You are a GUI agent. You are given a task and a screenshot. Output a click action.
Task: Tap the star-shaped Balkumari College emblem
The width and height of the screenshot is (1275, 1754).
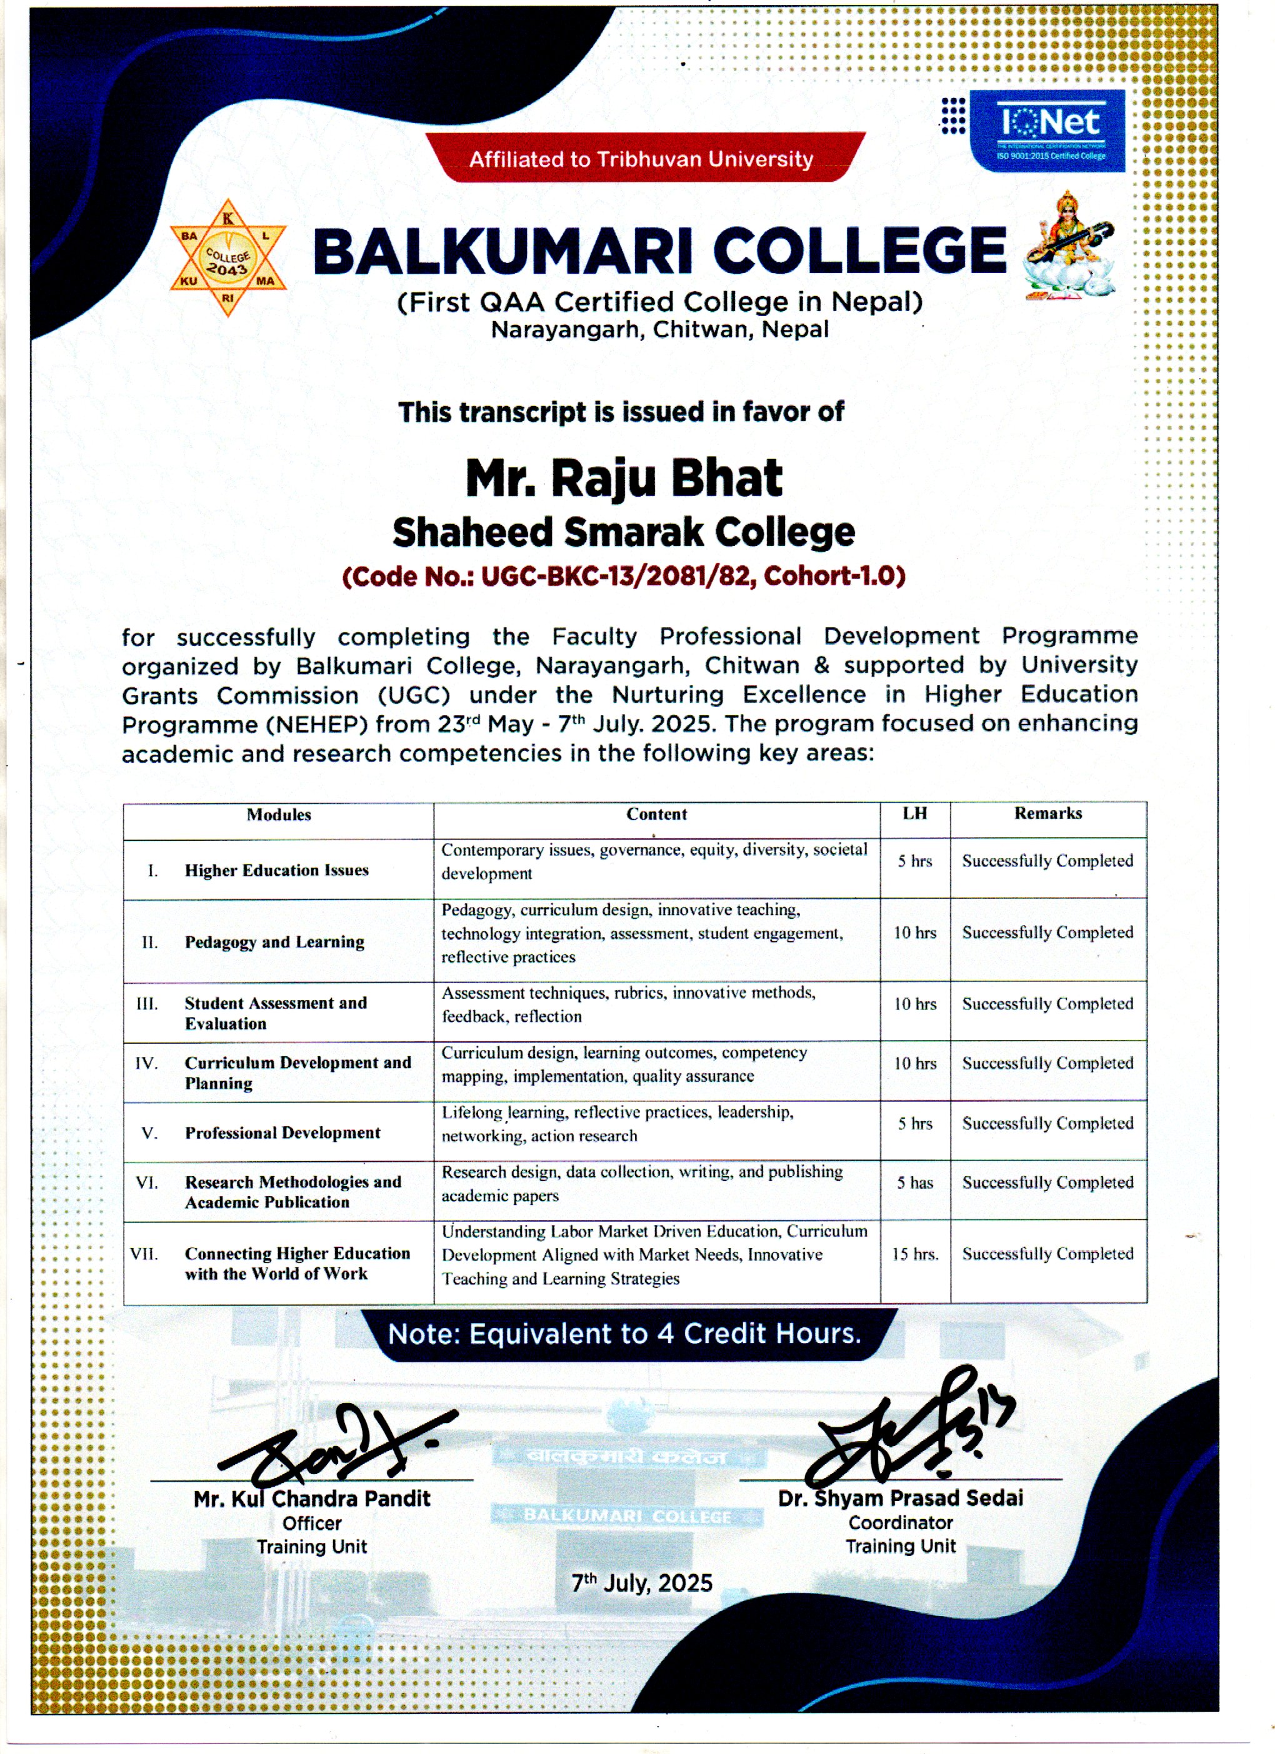tap(228, 259)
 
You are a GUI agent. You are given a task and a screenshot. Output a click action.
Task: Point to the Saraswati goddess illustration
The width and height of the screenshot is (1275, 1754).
tap(1069, 246)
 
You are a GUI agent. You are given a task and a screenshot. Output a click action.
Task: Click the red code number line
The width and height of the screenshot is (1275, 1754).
tap(624, 576)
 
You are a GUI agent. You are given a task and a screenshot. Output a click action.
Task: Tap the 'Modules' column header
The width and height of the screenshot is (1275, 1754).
tap(279, 815)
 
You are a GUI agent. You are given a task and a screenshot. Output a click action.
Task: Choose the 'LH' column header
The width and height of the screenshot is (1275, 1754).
tap(914, 813)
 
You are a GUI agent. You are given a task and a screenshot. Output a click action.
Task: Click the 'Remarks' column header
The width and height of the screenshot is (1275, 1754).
tap(1047, 813)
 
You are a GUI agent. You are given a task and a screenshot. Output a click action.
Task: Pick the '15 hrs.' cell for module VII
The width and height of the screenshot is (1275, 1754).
tap(915, 1254)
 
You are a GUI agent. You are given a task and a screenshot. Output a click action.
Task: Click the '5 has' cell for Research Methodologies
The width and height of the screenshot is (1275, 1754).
tap(915, 1182)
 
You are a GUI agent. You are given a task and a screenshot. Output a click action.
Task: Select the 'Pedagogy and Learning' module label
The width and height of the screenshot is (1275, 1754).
tap(274, 942)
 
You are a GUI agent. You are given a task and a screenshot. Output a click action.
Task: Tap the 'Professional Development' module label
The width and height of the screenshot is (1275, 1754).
tap(282, 1133)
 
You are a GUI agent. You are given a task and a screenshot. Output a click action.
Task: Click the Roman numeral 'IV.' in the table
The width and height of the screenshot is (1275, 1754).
tap(146, 1063)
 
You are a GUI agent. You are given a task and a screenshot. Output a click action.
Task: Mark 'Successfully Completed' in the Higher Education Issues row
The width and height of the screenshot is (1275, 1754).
tap(1047, 861)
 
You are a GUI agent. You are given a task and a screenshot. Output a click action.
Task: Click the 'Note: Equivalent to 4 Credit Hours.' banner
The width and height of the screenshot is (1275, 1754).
tap(624, 1334)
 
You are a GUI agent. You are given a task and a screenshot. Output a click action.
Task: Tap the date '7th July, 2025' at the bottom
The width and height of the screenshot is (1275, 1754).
tap(641, 1583)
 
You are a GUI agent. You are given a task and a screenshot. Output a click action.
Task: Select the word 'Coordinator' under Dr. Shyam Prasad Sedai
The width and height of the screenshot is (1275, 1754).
tap(901, 1523)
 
